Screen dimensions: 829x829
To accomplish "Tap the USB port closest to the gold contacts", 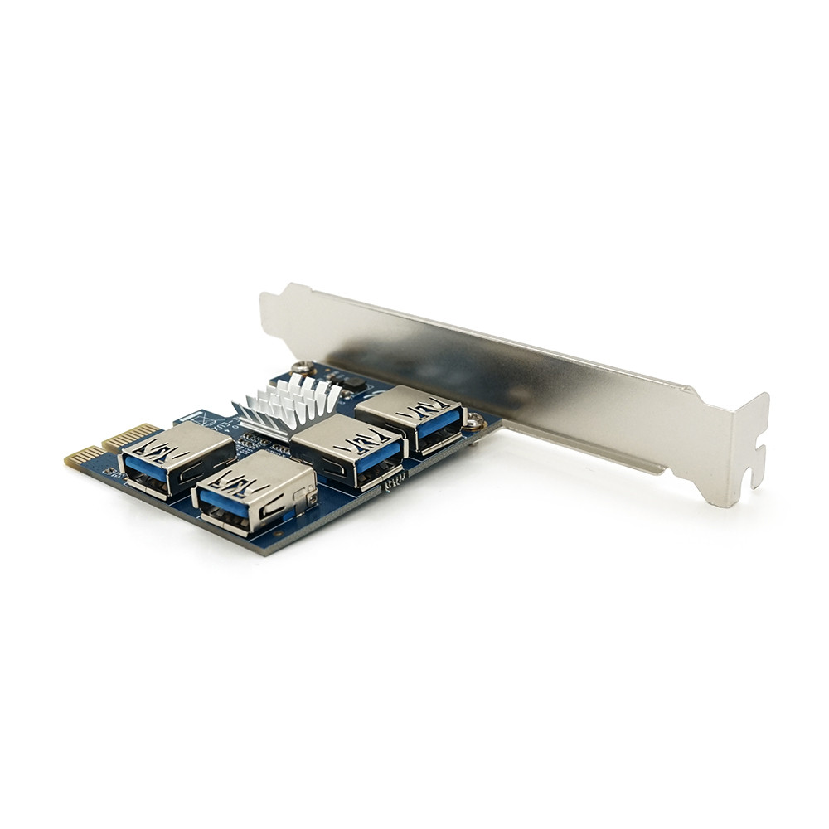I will (176, 458).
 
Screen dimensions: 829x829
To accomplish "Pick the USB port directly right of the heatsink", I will (348, 449).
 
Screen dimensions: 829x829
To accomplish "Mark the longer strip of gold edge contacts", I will (132, 436).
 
